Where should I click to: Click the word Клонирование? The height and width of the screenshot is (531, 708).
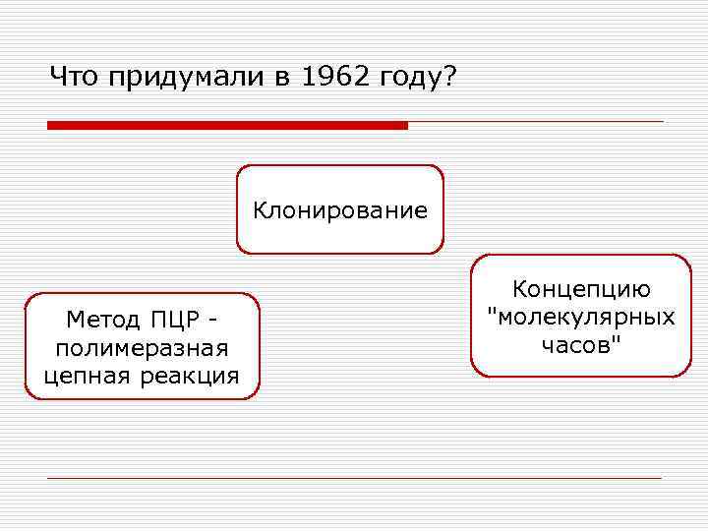pyautogui.click(x=340, y=209)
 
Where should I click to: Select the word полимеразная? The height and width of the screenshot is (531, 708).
pyautogui.click(x=143, y=347)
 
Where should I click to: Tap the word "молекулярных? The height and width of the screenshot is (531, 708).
pyautogui.click(x=580, y=317)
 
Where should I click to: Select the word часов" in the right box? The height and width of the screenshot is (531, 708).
pyautogui.click(x=580, y=344)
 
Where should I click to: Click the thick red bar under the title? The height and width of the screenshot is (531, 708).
pyautogui.click(x=227, y=125)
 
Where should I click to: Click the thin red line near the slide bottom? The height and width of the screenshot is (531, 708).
pyautogui.click(x=354, y=478)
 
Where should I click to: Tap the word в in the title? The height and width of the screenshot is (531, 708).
pyautogui.click(x=280, y=77)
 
